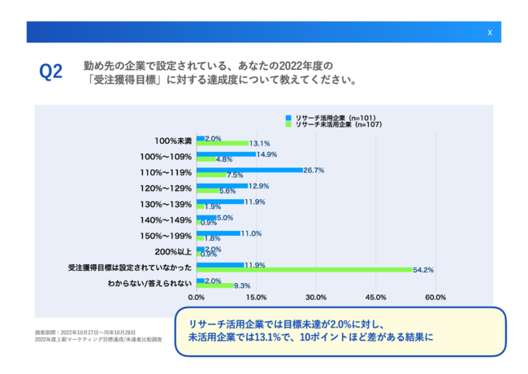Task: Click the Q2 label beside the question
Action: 51,72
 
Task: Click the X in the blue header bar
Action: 489,33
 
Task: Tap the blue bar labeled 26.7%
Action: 249,171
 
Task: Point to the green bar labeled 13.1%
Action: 222,143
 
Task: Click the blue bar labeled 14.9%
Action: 226,154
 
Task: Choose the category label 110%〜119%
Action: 166,172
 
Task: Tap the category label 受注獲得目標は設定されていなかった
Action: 131,267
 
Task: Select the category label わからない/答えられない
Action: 150,283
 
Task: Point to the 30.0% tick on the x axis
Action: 316,297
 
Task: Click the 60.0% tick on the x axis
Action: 435,297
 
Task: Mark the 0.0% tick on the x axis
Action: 197,297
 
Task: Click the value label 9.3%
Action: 241,285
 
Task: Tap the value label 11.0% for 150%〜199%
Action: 252,233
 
